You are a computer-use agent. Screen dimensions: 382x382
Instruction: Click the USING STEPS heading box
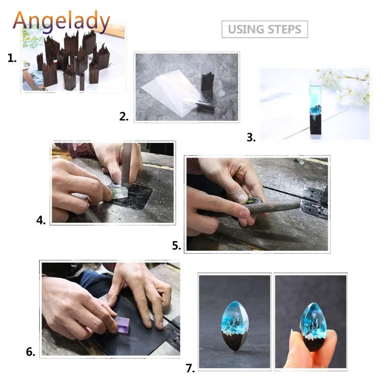(x=265, y=29)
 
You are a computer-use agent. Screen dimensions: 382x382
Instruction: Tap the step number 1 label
(x=12, y=58)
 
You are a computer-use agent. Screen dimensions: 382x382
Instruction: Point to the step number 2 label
(x=124, y=116)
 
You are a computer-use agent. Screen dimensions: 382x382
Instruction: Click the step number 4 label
(x=41, y=220)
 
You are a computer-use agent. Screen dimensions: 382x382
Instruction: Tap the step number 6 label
(x=31, y=352)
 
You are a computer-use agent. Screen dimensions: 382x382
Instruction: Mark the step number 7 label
(x=190, y=368)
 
